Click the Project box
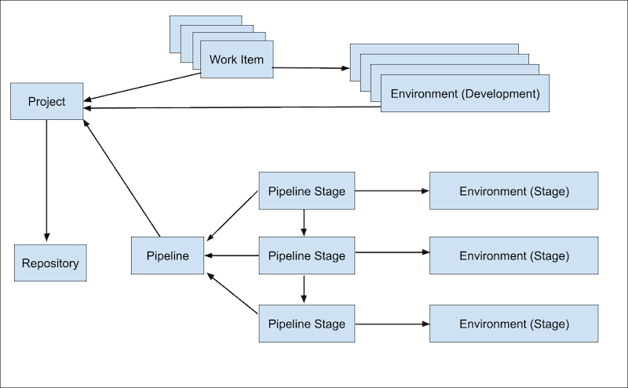coord(46,102)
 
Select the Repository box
coord(50,263)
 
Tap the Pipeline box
coord(167,256)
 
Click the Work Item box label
coord(236,60)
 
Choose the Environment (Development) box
coord(465,94)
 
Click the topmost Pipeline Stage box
coord(306,192)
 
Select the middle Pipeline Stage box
coord(306,256)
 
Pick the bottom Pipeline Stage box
coord(306,324)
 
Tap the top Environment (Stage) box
coord(514,192)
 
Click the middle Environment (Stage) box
coord(514,256)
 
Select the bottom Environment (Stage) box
coord(514,324)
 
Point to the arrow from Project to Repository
coord(46,180)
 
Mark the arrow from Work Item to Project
coord(141,88)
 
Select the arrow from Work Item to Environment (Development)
coord(311,68)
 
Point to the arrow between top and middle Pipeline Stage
coord(304,223)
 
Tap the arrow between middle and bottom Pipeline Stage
coord(304,288)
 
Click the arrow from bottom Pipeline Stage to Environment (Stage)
coord(392,324)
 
